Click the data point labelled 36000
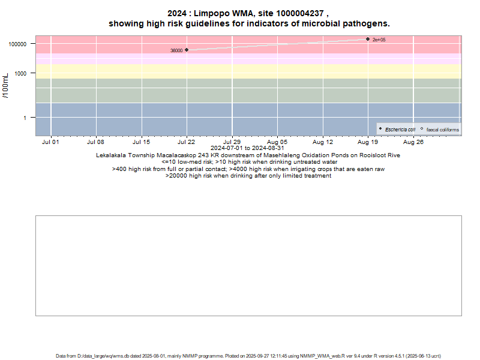point(187,50)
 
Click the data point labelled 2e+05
point(368,39)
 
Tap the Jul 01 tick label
point(51,142)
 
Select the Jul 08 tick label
point(96,142)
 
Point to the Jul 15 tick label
point(142,142)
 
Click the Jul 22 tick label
point(187,142)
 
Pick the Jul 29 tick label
point(232,142)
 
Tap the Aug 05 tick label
point(277,142)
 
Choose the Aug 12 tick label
point(323,142)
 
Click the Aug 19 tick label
point(368,142)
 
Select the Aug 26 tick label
point(413,142)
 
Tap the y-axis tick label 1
point(29,118)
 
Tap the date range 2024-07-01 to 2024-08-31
point(248,148)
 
